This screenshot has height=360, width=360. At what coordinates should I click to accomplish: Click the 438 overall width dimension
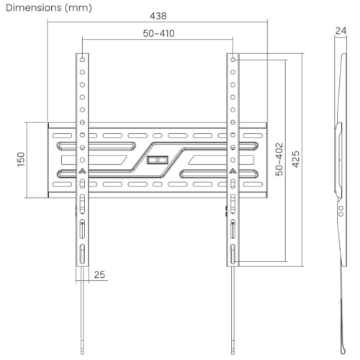tap(158, 16)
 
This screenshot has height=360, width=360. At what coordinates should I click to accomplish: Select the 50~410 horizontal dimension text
tap(158, 33)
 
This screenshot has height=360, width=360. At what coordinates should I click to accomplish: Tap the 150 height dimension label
tap(21, 159)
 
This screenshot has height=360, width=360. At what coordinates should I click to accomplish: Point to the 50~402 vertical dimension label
tap(279, 159)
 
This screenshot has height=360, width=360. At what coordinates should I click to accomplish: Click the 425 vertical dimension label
tap(296, 159)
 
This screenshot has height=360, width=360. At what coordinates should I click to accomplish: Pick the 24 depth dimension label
tap(341, 31)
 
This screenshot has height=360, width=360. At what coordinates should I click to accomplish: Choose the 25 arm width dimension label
tap(99, 274)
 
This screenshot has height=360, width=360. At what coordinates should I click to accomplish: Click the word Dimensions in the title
tap(34, 8)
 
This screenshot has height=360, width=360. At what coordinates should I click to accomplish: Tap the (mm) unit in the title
tap(78, 8)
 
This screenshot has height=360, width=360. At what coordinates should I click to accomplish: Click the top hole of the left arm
tap(82, 59)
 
